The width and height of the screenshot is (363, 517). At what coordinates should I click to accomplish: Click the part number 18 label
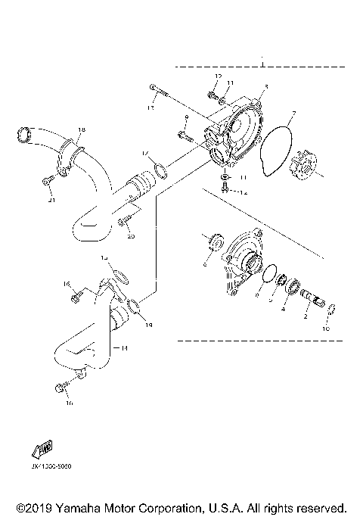pyautogui.click(x=82, y=130)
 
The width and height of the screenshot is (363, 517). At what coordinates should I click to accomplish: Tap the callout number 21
pyautogui.click(x=52, y=200)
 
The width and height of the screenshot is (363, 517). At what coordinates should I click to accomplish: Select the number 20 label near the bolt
pyautogui.click(x=131, y=236)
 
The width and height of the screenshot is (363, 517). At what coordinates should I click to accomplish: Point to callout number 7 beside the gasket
pyautogui.click(x=295, y=114)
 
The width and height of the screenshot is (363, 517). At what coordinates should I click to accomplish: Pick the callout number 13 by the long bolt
pyautogui.click(x=150, y=108)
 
